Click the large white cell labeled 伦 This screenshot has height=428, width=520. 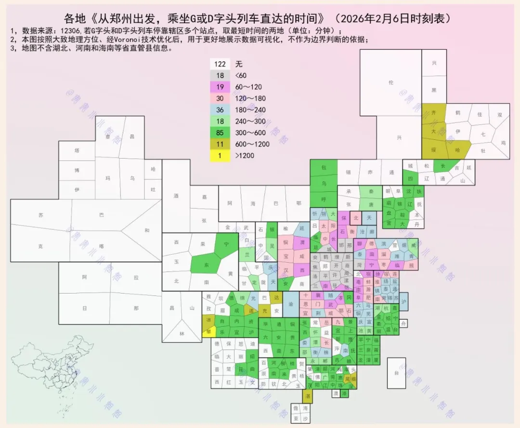pyautogui.click(x=391, y=82)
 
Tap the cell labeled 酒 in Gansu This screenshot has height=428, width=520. pyautogui.click(x=176, y=196)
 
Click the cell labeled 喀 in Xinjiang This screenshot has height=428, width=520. pyautogui.click(x=102, y=245)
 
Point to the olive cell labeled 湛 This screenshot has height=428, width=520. pyautogui.click(x=307, y=395)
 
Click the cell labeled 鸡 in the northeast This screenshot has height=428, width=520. pyautogui.click(x=503, y=143)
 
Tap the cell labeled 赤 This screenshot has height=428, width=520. pyautogui.click(x=370, y=172)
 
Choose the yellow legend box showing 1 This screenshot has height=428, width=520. pyautogui.click(x=220, y=156)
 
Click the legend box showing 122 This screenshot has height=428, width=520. pyautogui.click(x=220, y=64)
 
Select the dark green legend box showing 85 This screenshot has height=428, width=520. pyautogui.click(x=220, y=133)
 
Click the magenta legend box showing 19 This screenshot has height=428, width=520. pyautogui.click(x=220, y=87)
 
